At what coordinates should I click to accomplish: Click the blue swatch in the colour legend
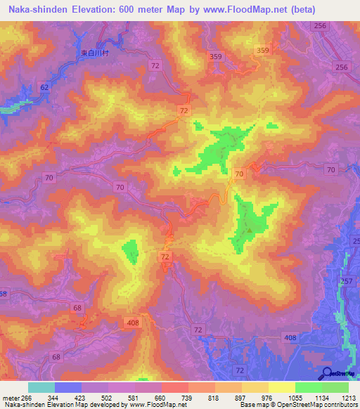tap(68, 387)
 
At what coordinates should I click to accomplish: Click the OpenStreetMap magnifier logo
tap(328, 373)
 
